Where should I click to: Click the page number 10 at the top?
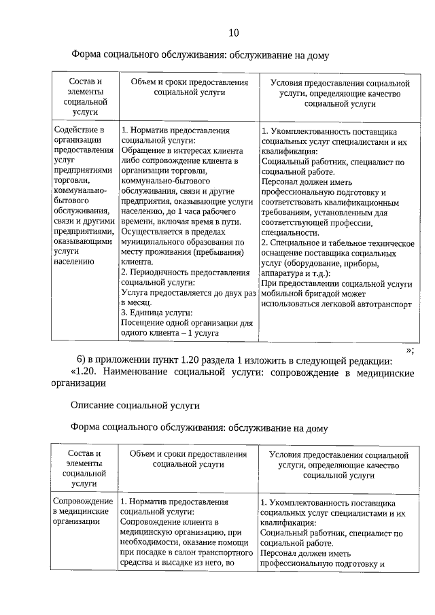coord(234,33)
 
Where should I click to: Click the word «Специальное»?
coord(296,243)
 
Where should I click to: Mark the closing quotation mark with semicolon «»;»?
coord(409,350)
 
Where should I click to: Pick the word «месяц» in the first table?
coord(141,303)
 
